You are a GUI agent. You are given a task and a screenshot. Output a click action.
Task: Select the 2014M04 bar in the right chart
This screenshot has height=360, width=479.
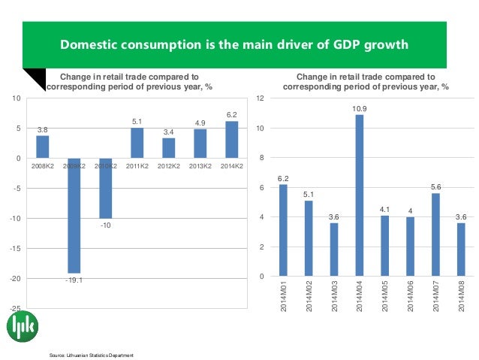(359, 195)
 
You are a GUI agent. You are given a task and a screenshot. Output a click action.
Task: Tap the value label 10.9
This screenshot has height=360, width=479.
(359, 108)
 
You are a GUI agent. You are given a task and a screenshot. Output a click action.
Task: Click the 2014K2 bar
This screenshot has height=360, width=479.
(231, 140)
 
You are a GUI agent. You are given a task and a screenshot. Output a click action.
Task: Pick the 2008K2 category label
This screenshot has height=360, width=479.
(42, 165)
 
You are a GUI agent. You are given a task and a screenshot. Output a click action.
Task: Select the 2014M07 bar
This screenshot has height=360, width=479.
(435, 234)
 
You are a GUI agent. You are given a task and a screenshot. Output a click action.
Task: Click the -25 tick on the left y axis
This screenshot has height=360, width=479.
(16, 308)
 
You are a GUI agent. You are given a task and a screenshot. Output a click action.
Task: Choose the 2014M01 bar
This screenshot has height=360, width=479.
(282, 230)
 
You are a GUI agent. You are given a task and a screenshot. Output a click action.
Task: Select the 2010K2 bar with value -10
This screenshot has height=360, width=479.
(105, 188)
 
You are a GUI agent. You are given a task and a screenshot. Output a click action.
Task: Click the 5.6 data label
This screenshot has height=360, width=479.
(435, 186)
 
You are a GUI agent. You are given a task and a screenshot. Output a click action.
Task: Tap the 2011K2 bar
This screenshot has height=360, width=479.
(137, 143)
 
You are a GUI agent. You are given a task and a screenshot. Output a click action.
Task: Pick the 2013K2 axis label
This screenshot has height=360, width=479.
(200, 165)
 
